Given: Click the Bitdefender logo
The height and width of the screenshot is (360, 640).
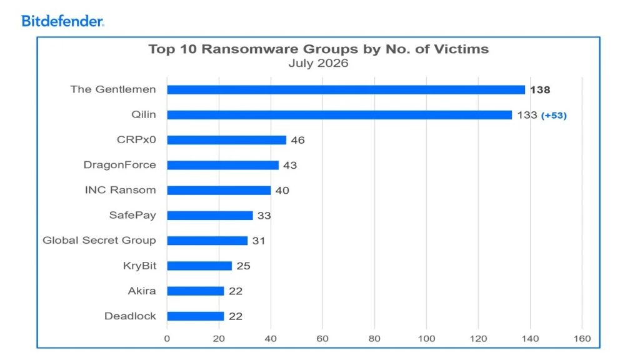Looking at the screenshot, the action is tap(63, 21).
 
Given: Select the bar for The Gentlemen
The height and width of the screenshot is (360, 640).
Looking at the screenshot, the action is tap(346, 90).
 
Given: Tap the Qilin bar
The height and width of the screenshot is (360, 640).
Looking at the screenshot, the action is tap(339, 115).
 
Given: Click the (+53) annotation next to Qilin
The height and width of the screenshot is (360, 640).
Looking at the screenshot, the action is tap(554, 116).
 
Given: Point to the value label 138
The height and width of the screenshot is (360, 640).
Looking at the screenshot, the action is tap(540, 90).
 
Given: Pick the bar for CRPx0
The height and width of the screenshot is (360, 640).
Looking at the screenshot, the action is tap(227, 140).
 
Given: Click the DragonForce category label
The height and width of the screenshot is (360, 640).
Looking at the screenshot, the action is tap(119, 165).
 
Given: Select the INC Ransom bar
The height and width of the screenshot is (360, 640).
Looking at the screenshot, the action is tap(219, 190).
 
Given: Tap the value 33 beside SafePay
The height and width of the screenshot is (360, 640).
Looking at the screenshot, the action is tap(264, 216).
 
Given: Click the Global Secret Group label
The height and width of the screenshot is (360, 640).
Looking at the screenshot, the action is tap(99, 241).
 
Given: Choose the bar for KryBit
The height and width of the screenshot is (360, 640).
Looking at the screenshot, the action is tap(199, 266).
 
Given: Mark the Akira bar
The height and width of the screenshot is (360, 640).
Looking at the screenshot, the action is tap(196, 291).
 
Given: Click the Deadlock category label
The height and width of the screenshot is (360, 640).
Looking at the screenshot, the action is tap(130, 316).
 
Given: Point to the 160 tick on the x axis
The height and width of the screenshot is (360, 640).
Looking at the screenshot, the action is tap(582, 338).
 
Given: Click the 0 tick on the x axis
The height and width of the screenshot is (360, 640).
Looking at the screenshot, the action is tap(167, 338).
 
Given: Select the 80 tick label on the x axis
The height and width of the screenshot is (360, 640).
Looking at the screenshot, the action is tap(374, 338).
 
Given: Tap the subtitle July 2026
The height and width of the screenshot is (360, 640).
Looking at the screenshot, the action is tap(318, 63).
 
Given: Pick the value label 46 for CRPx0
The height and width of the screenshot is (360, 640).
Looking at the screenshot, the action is tap(298, 140).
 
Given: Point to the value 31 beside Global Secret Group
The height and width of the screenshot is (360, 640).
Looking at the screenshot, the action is tap(259, 241).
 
